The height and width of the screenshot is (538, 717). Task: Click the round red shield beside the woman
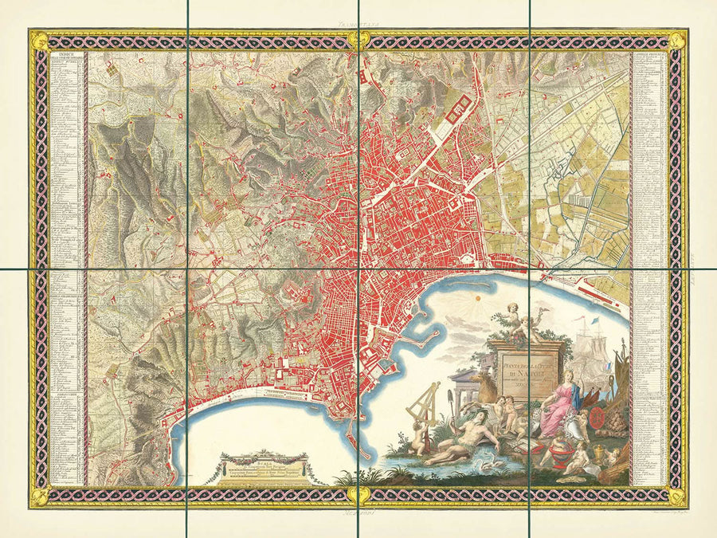pos(587,417)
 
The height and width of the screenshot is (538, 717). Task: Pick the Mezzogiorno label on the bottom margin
pos(358,516)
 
